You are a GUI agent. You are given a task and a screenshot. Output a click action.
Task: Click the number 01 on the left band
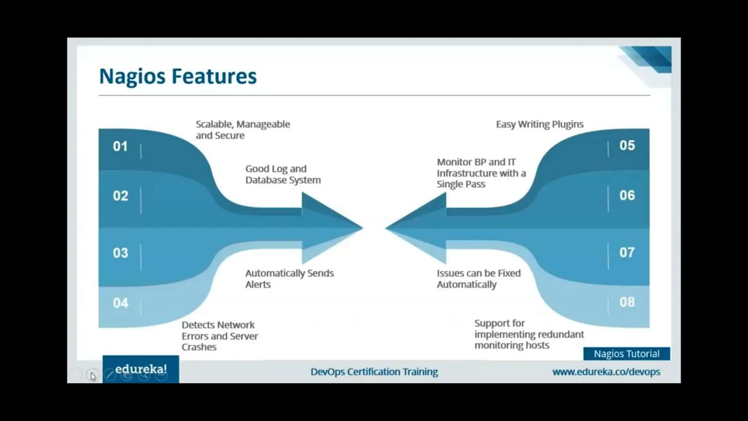coord(120,147)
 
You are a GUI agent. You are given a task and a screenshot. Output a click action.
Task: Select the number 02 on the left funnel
coord(121,196)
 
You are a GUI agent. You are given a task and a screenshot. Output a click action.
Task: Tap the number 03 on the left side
coord(121,253)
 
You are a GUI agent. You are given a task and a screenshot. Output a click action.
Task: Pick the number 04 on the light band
coord(121,303)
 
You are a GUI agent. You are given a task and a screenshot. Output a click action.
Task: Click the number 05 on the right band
coord(627,145)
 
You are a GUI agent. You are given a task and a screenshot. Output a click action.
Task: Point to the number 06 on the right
coord(627,196)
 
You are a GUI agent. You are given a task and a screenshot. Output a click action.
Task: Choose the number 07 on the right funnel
coord(627,253)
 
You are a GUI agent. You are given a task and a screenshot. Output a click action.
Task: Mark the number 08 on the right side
coord(627,302)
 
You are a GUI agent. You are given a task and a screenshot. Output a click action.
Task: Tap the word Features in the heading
coord(214,76)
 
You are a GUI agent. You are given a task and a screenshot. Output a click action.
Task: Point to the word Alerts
coord(258,285)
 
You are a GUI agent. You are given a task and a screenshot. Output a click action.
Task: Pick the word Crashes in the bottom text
coord(199,347)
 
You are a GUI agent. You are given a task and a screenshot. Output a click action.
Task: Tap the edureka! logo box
coord(141,369)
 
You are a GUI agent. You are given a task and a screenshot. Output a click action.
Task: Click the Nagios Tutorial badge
coord(626,354)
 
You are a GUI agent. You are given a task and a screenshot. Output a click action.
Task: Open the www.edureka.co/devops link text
coord(606,372)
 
